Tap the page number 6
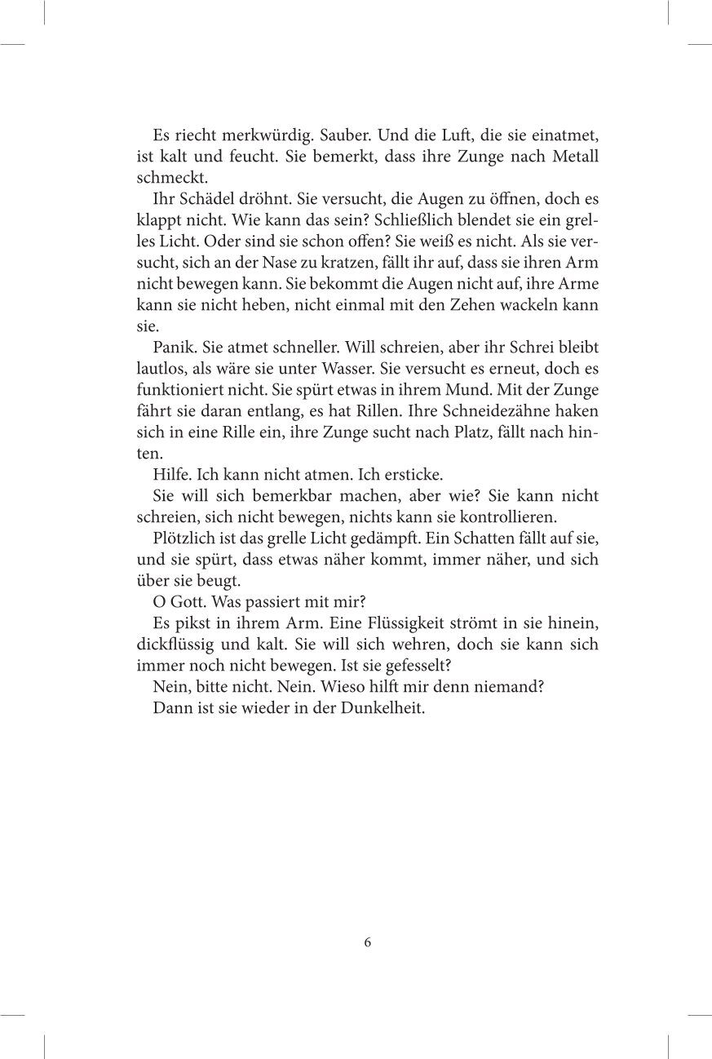coord(368,942)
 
